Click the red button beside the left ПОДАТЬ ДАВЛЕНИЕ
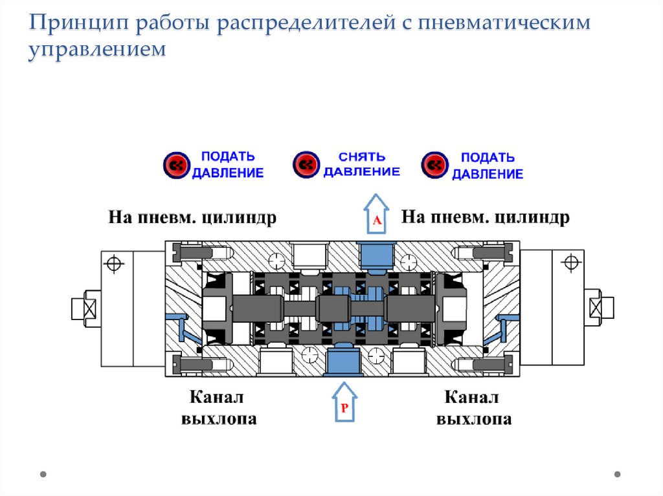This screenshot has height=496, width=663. click(x=175, y=165)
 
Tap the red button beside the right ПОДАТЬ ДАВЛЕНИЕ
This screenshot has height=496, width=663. click(x=434, y=165)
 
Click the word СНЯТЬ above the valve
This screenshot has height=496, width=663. click(x=362, y=157)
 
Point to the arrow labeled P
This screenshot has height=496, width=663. click(x=344, y=402)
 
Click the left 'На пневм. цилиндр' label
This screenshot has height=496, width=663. click(x=192, y=217)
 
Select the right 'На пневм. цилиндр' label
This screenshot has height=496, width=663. click(x=486, y=217)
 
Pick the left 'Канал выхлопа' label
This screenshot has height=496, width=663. click(x=218, y=407)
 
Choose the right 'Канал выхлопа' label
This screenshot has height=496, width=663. click(x=474, y=407)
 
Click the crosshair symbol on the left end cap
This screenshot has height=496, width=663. click(x=115, y=264)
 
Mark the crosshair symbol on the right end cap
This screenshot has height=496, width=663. click(x=570, y=262)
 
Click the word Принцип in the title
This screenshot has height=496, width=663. click(x=72, y=24)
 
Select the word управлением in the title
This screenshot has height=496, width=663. click(x=97, y=50)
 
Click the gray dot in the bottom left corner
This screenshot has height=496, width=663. click(x=43, y=474)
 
